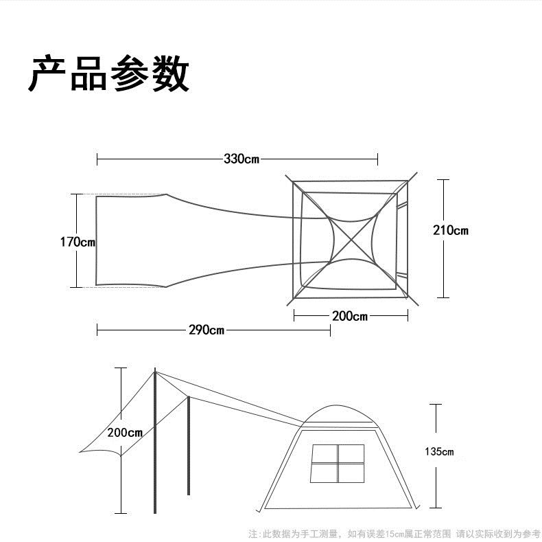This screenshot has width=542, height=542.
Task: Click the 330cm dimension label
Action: pyautogui.click(x=241, y=159)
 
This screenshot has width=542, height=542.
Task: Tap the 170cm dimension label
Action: pyautogui.click(x=78, y=242)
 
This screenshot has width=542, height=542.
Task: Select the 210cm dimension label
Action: pyautogui.click(x=451, y=230)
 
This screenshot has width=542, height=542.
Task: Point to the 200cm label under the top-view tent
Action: pyautogui.click(x=350, y=316)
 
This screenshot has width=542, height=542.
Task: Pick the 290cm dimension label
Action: pyautogui.click(x=207, y=330)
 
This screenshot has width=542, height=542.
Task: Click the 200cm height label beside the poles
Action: pyautogui.click(x=125, y=433)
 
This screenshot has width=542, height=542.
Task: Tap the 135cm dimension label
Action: pyautogui.click(x=439, y=452)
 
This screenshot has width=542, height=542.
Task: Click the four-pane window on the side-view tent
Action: pyautogui.click(x=338, y=464)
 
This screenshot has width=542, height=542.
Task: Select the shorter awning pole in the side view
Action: pyautogui.click(x=188, y=447)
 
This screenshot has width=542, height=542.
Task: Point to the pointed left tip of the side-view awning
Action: pyautogui.click(x=81, y=452)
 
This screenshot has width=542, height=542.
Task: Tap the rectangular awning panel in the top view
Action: pyautogui.click(x=130, y=240)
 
